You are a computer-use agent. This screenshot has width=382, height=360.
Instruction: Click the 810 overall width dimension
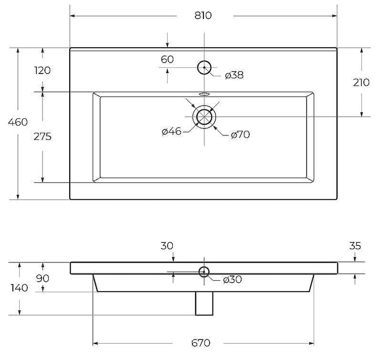[203, 16]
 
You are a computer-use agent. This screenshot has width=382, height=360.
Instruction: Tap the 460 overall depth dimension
[18, 122]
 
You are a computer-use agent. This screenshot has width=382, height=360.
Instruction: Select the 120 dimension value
[42, 70]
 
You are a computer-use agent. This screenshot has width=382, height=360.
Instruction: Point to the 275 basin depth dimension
[42, 137]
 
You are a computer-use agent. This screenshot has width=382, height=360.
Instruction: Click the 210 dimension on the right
[361, 83]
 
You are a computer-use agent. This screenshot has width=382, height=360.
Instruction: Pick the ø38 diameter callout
[234, 75]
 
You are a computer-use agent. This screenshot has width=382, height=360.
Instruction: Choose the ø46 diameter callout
[171, 132]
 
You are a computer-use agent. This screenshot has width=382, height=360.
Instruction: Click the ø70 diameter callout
[240, 135]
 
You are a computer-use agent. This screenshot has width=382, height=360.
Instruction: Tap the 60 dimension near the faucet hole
[167, 59]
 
